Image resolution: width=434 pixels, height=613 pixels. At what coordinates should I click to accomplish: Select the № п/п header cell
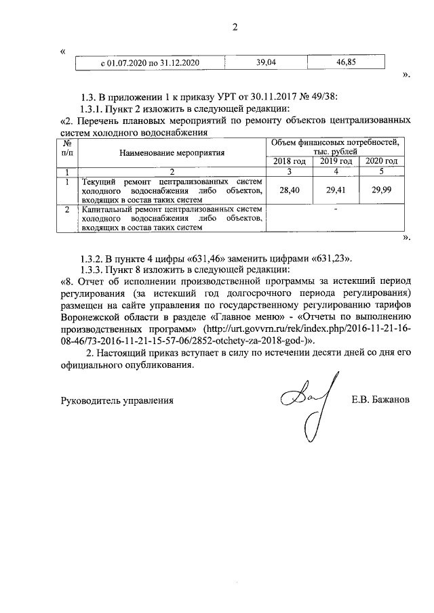click(x=67, y=148)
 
